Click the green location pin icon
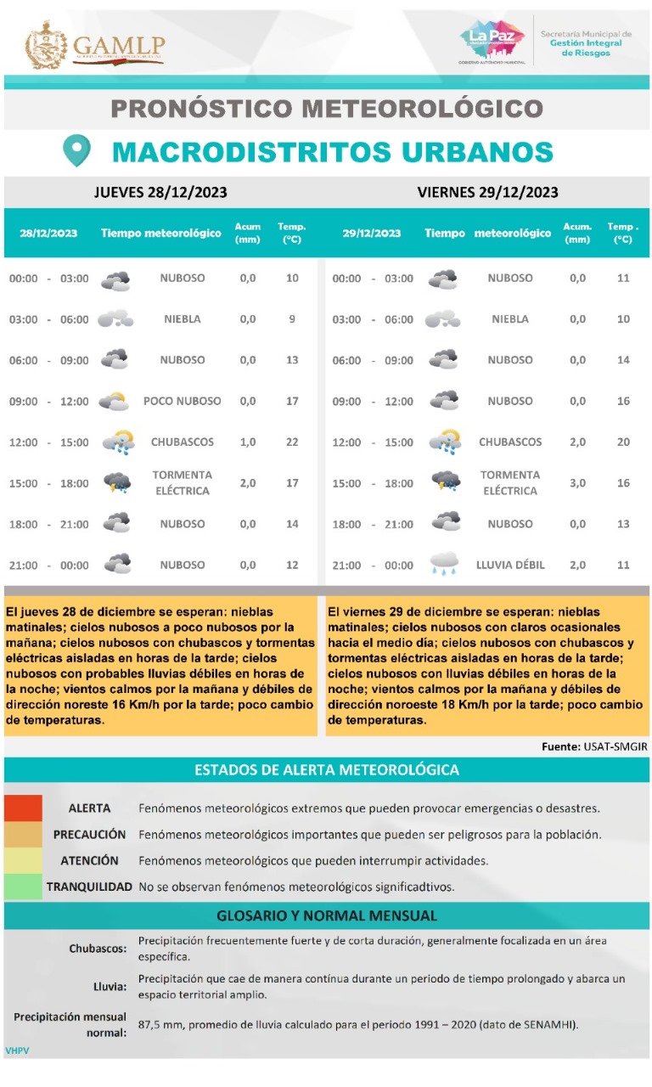pos(77,151)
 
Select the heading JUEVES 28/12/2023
pos(160,193)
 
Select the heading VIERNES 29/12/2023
pos(487,193)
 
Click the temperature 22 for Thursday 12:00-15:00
pos(292,442)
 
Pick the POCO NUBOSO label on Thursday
pos(183,401)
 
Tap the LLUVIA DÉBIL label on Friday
pos(510,565)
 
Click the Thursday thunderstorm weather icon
pos(117,482)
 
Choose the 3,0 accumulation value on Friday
pos(577,483)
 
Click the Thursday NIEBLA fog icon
pos(115,319)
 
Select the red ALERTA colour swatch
pos(23,808)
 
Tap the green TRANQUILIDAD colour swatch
pos(23,887)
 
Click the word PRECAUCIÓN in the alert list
pos(89,835)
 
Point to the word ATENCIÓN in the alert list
pos(89,861)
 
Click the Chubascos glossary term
pos(98,949)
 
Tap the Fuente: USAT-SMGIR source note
pos(594,746)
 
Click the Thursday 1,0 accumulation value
pos(248,442)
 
